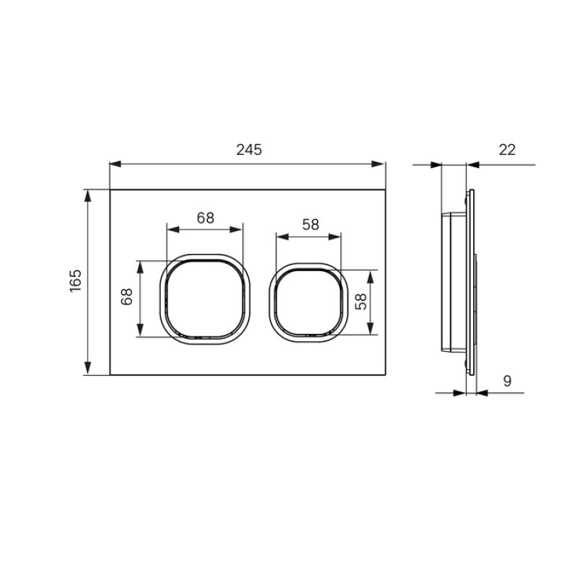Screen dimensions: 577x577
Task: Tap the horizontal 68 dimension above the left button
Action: pos(206,218)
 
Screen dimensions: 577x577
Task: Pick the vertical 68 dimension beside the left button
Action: pos(128,298)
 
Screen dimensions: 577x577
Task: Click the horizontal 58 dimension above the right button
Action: pos(310,224)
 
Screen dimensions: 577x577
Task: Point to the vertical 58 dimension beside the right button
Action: pos(362,302)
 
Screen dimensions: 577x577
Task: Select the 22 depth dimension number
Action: pos(507,150)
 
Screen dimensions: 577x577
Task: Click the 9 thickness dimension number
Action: pos(507,381)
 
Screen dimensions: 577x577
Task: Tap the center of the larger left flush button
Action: pos(205,298)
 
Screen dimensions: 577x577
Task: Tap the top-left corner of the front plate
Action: pos(110,190)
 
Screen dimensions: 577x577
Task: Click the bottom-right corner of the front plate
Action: pos(386,375)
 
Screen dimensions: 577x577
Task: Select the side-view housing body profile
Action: pos(453,282)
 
